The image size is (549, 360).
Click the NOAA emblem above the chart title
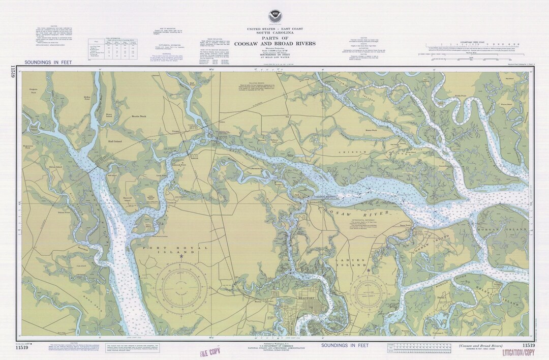(x=274, y=17)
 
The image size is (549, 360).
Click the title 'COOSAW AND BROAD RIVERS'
(x=274, y=43)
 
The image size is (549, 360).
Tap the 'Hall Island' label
(x=115, y=142)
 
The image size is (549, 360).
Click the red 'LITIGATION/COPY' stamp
(x=518, y=352)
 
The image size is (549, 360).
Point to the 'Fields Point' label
(x=460, y=95)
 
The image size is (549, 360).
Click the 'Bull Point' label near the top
(x=192, y=83)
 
